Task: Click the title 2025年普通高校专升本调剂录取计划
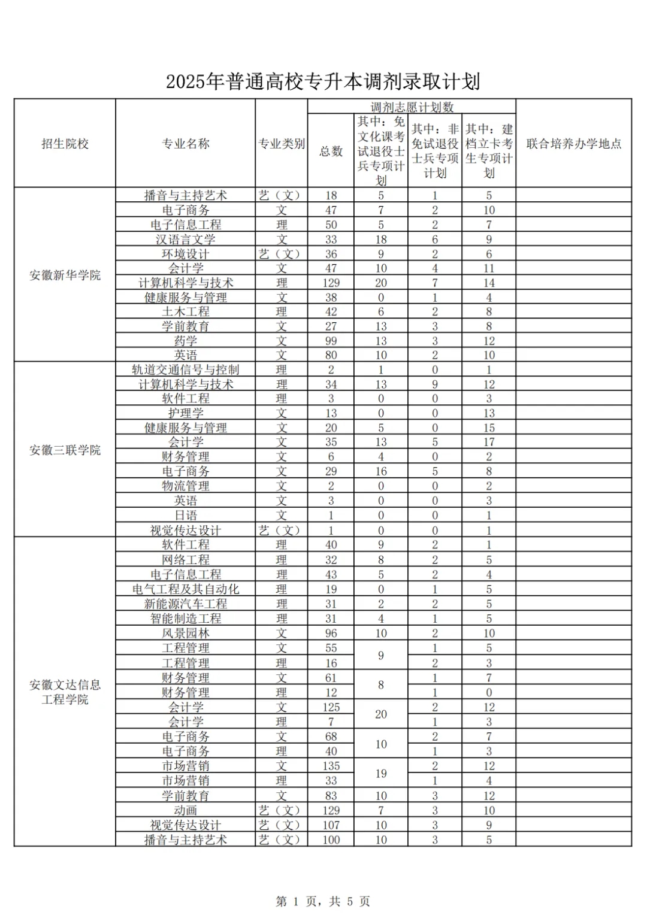pos(323,81)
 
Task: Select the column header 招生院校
pos(65,144)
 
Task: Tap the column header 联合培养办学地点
pos(573,144)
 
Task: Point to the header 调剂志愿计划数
pos(412,107)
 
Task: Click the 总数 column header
pos(331,151)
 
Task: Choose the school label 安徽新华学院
pos(65,275)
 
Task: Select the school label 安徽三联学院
pos(65,450)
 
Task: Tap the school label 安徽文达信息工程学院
pos(65,692)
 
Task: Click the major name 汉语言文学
pos(186,240)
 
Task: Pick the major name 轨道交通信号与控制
pos(186,369)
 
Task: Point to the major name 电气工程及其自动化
pos(186,589)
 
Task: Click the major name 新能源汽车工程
pos(186,604)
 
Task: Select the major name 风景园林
pos(186,633)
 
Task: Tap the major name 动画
pos(186,810)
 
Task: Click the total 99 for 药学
pos(331,341)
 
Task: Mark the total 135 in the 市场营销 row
pos(331,766)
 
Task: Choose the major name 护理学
pos(186,413)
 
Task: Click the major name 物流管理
pos(186,486)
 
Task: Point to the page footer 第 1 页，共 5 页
pos(323,901)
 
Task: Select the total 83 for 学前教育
pos(331,796)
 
